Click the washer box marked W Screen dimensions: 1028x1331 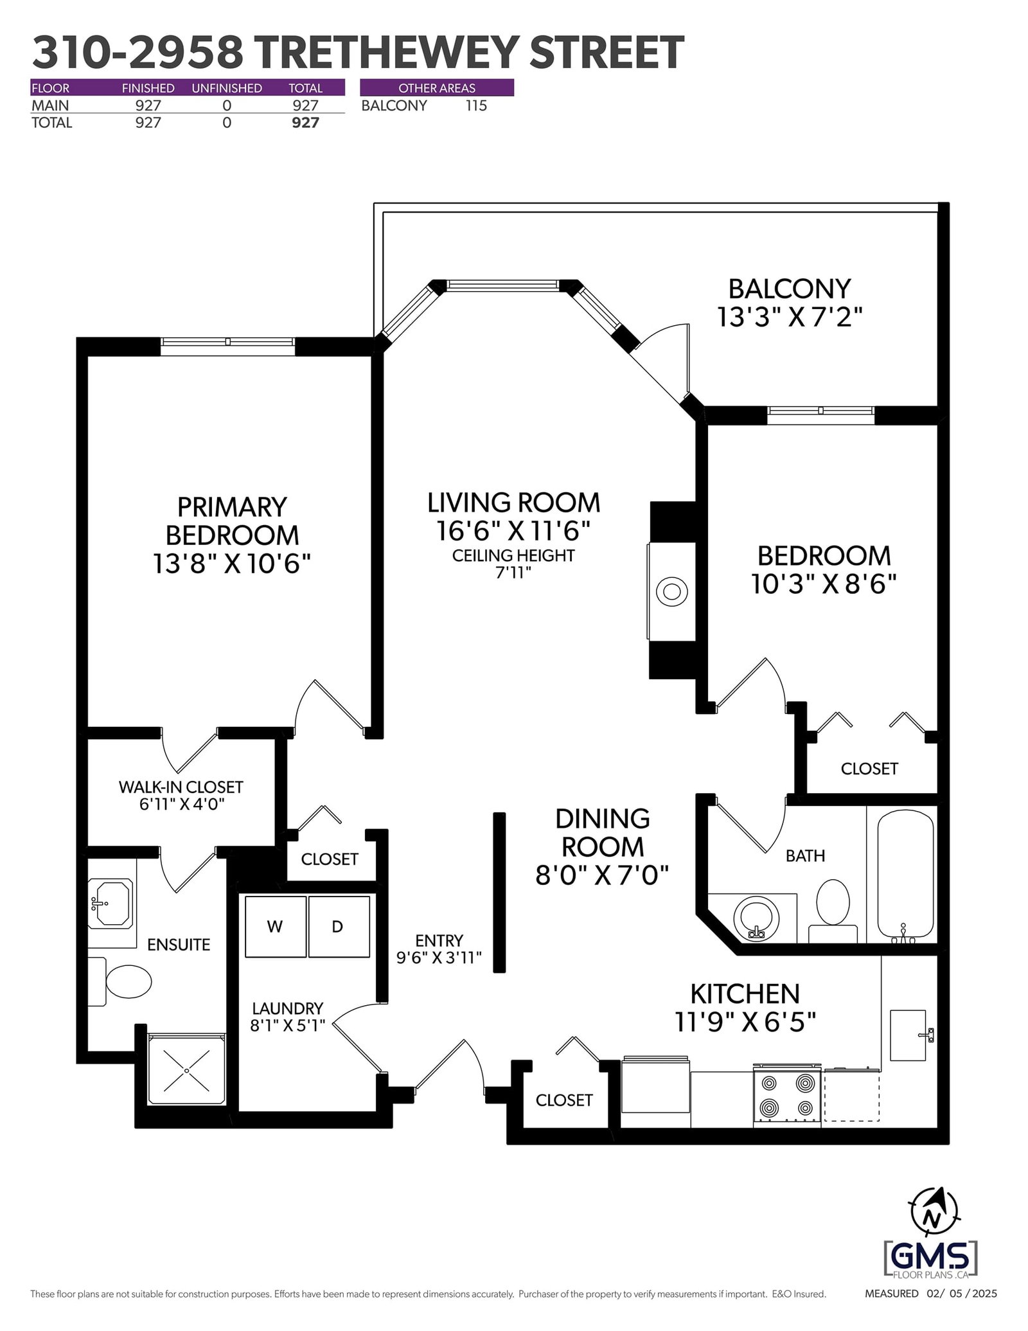(276, 926)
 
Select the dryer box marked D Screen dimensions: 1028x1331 (339, 926)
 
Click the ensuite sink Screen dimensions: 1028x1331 (111, 904)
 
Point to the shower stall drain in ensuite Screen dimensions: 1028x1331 (186, 1071)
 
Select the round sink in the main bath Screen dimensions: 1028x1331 (756, 916)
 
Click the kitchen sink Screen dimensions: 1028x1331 (910, 1035)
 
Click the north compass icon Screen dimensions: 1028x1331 (935, 1215)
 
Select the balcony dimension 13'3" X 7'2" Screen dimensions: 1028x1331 (790, 317)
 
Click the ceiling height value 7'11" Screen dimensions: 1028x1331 (513, 573)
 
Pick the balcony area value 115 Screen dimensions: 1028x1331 (476, 106)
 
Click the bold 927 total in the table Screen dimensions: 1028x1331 (305, 123)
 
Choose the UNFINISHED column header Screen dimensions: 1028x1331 (227, 88)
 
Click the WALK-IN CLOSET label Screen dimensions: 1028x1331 (181, 787)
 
